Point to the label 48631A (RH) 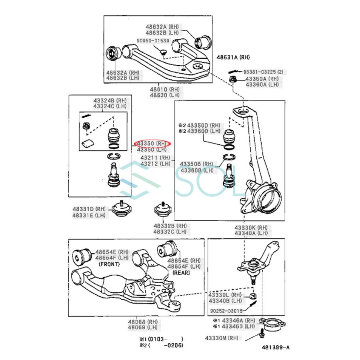pyautogui.click(x=233, y=58)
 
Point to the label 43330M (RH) pyautogui.click(x=222, y=338)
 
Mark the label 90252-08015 pyautogui.click(x=226, y=311)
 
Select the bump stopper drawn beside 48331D pyautogui.click(x=120, y=209)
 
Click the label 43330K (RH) pyautogui.click(x=251, y=228)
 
